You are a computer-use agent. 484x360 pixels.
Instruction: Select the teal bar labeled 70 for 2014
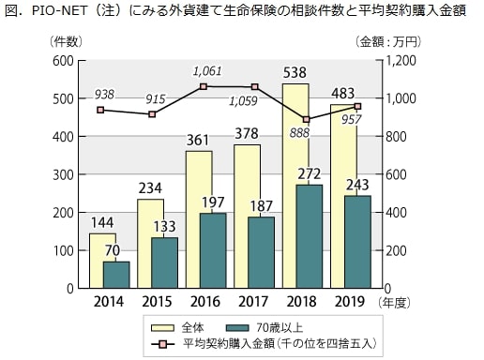point(116,275)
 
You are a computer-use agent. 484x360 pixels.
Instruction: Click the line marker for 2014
point(100,110)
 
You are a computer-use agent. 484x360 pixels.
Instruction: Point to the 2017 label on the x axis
point(249,302)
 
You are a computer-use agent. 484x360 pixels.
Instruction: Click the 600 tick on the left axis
point(62,61)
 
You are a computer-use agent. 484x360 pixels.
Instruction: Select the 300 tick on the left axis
point(62,174)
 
